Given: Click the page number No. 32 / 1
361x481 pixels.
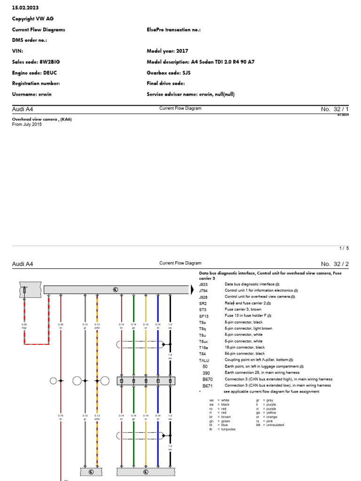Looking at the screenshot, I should pyautogui.click(x=335, y=109).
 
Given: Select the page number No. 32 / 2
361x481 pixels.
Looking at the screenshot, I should pyautogui.click(x=335, y=264).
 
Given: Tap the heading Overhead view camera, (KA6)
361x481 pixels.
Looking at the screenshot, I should pyautogui.click(x=42, y=119).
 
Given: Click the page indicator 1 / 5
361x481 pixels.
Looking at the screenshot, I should pyautogui.click(x=345, y=248).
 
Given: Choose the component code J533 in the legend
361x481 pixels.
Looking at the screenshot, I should pyautogui.click(x=203, y=284).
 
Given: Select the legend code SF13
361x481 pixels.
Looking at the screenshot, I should pyautogui.click(x=203, y=316).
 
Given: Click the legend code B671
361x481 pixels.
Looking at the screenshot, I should pyautogui.click(x=207, y=385).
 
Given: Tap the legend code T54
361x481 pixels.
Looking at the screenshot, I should pyautogui.click(x=202, y=353).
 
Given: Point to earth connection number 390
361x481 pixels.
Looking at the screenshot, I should pyautogui.click(x=206, y=372).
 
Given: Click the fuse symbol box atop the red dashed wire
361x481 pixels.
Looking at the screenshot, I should pyautogui.click(x=24, y=291).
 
